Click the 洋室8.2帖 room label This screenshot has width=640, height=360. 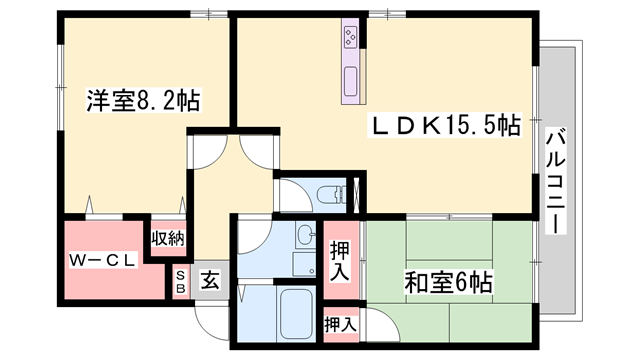144,101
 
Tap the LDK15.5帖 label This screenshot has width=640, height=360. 446,127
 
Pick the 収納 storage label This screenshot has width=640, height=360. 167,238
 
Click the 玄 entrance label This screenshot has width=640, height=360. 212,281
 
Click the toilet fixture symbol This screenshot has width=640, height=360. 325,194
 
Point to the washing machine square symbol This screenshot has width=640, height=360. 304,263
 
